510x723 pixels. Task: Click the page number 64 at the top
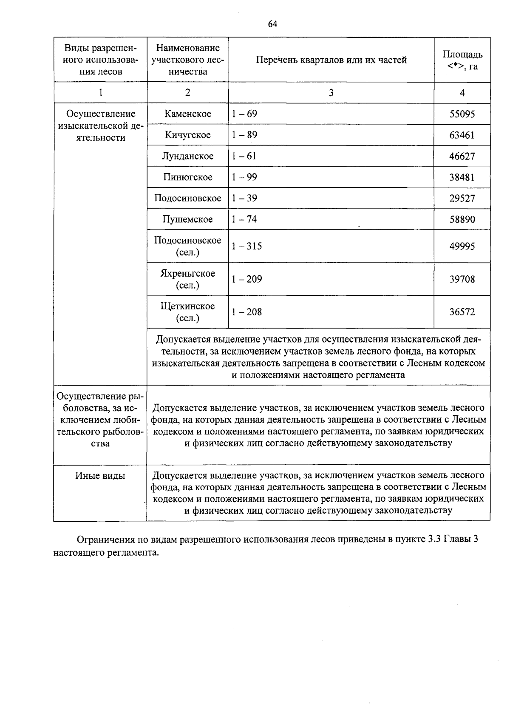272,24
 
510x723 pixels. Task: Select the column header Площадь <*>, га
462,60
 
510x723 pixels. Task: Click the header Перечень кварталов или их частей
331,60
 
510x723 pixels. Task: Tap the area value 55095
462,114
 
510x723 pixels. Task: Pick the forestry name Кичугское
188,135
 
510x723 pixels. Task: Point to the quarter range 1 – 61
244,156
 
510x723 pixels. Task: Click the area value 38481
462,177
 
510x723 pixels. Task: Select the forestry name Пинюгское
188,177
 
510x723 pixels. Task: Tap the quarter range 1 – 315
247,246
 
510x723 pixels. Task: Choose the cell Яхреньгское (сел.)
188,279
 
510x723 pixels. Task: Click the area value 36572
462,312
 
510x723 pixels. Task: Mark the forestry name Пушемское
188,219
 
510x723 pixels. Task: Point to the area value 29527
462,198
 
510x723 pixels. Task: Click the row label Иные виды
100,476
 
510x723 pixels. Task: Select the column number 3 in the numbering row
331,93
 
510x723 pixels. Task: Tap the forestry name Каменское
188,114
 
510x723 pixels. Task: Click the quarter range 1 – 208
247,312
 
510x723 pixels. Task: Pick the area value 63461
462,135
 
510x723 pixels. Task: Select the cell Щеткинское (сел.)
188,312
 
